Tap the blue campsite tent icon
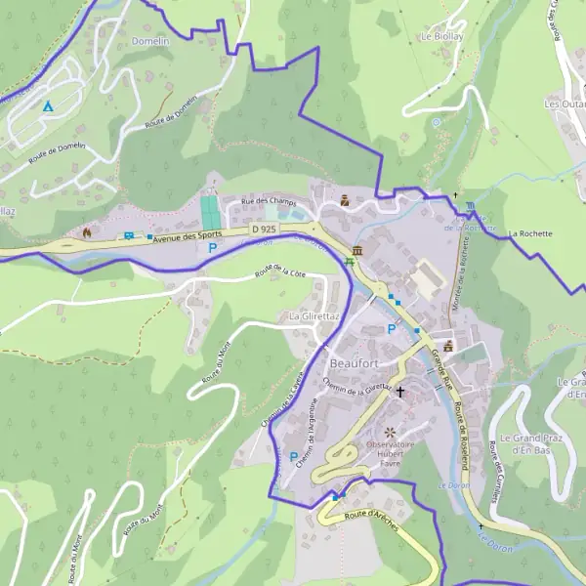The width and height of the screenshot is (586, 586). click(47, 105)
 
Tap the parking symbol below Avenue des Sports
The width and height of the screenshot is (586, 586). click(212, 250)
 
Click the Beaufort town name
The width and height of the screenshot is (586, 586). click(354, 363)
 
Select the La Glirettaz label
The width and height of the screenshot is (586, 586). click(314, 317)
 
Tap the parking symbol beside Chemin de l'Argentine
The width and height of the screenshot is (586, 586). click(294, 456)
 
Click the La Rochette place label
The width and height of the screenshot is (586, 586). click(530, 234)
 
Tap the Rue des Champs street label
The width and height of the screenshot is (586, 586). click(269, 202)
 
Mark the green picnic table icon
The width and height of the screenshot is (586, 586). click(350, 262)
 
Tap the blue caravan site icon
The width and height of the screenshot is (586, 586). click(129, 235)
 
